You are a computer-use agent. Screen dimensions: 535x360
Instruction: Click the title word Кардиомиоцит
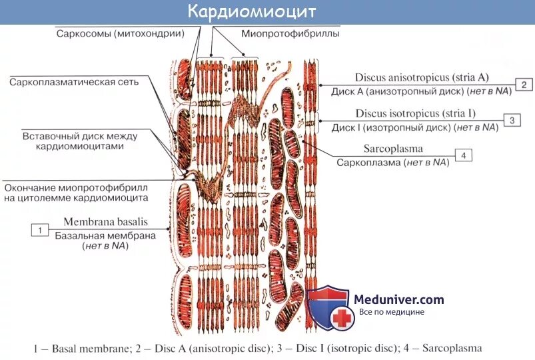pyautogui.click(x=251, y=12)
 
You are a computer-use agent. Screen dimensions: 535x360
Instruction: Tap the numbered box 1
pyautogui.click(x=40, y=230)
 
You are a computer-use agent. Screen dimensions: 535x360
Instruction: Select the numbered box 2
pyautogui.click(x=524, y=85)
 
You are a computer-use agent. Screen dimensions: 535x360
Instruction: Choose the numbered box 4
pyautogui.click(x=463, y=155)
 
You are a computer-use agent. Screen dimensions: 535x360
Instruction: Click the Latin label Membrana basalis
pyautogui.click(x=105, y=221)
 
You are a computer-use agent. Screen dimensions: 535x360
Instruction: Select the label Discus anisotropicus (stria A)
pyautogui.click(x=413, y=78)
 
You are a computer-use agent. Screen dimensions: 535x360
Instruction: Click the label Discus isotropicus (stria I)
pyautogui.click(x=415, y=113)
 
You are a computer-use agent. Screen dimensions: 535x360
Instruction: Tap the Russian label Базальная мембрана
pyautogui.click(x=105, y=235)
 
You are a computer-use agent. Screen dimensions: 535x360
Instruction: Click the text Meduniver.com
pyautogui.click(x=399, y=300)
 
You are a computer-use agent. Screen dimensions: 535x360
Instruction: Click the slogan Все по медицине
pyautogui.click(x=391, y=312)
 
